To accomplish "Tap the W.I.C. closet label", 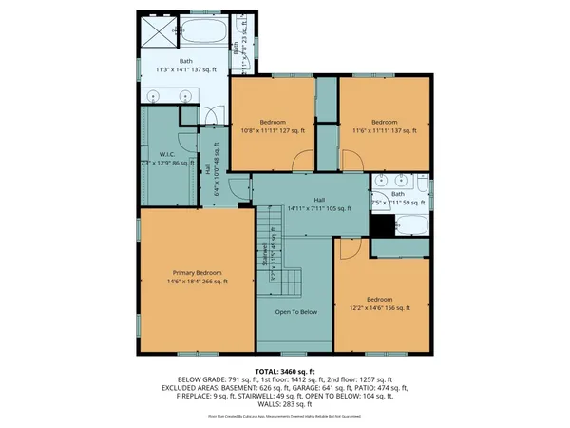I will click(x=165, y=154).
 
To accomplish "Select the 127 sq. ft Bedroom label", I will click(x=274, y=122).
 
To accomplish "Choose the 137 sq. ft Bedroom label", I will click(x=383, y=122).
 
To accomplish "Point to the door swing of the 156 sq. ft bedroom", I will click(x=348, y=248).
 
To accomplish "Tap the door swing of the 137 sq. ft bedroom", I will click(x=328, y=132).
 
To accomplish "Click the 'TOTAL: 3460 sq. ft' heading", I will click(x=284, y=371).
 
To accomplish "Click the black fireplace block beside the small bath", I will click(x=382, y=226).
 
